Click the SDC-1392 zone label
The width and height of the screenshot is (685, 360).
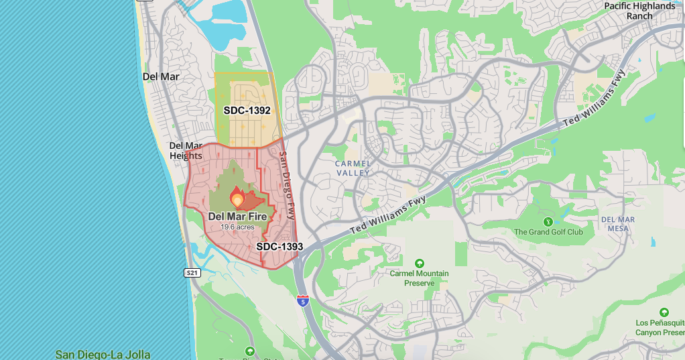click(x=247, y=110)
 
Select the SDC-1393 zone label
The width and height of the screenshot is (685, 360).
click(x=279, y=247)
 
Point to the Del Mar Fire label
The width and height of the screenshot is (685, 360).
click(x=237, y=216)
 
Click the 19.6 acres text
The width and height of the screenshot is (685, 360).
click(x=237, y=227)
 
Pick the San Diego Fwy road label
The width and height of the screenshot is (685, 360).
click(x=287, y=185)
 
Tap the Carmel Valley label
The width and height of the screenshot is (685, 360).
click(x=353, y=168)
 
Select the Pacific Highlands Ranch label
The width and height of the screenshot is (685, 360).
click(x=639, y=11)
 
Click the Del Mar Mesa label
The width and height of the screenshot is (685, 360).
click(x=617, y=224)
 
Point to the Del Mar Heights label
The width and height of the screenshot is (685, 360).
click(x=186, y=150)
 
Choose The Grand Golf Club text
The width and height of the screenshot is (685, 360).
click(x=548, y=232)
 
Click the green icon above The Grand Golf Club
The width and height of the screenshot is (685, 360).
click(x=548, y=221)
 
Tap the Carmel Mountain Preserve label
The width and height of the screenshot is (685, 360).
click(x=420, y=278)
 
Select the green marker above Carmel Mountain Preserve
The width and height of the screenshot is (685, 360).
click(x=420, y=263)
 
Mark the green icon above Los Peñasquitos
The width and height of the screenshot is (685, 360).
click(x=664, y=312)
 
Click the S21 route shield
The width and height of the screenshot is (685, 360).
click(x=192, y=273)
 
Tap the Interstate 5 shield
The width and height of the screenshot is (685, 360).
click(x=303, y=300)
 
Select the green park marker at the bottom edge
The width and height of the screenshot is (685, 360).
click(x=250, y=351)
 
